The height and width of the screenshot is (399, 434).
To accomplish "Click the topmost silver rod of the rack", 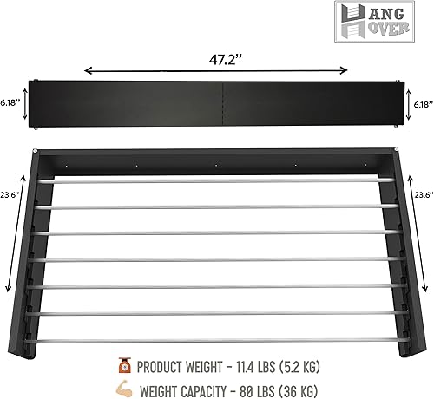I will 217,180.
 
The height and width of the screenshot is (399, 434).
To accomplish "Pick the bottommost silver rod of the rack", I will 217,339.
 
